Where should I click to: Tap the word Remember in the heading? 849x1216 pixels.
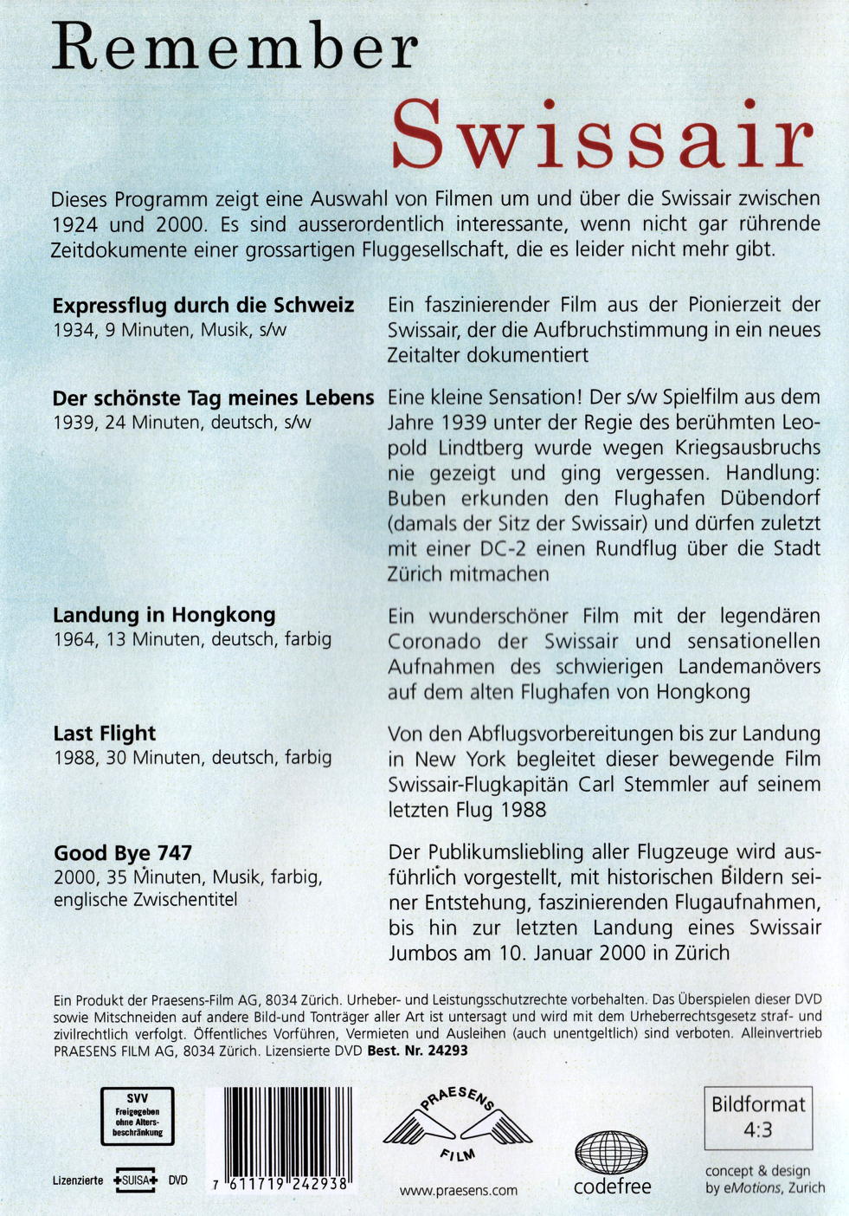pos(235,49)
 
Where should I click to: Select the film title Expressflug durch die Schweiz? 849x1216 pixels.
pos(203,306)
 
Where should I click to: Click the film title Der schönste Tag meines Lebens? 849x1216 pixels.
pos(213,398)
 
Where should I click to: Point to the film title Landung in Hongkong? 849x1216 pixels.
pos(164,615)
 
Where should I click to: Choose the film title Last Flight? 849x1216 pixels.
pos(105,734)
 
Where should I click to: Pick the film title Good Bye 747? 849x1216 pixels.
pos(123,853)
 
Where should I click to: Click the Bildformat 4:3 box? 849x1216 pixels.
pos(758,1116)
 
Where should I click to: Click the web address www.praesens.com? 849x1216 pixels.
pos(459,1190)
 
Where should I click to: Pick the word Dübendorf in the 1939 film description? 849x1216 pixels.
pos(764,499)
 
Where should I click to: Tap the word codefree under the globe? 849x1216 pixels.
pos(612,1187)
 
